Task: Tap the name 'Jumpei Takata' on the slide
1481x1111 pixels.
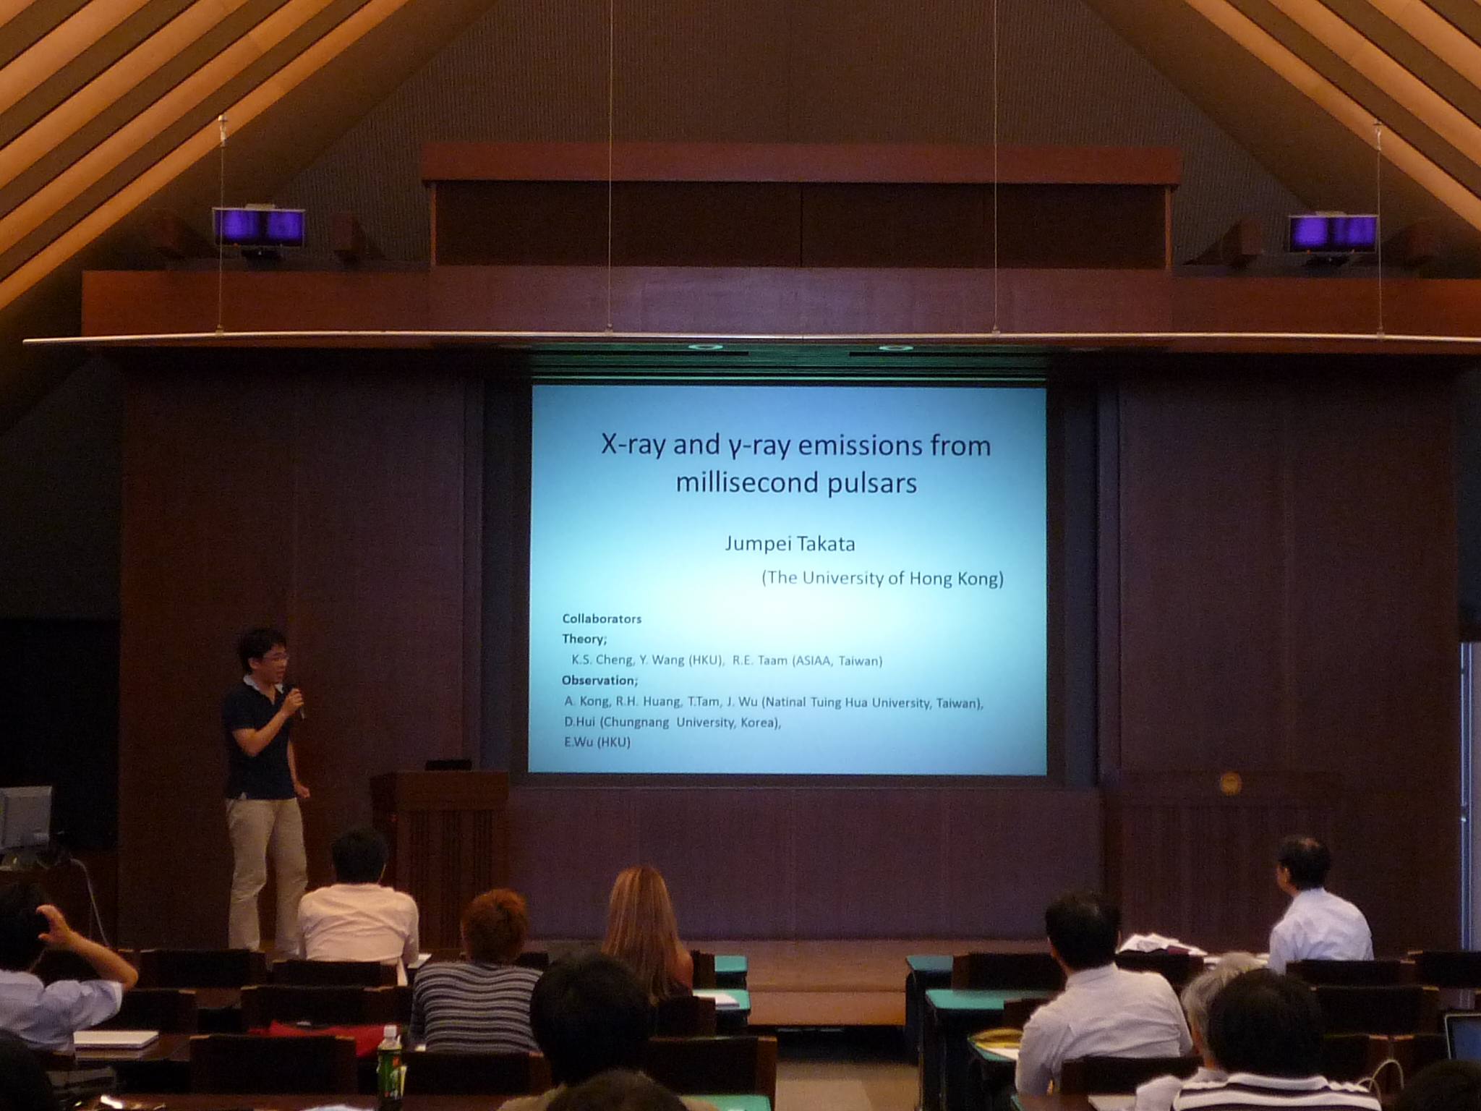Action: (790, 543)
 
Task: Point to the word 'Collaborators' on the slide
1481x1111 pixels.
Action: (602, 619)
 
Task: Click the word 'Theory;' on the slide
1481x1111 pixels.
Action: (584, 639)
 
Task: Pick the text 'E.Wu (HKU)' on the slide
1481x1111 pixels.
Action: (597, 742)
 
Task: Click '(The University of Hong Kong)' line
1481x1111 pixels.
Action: (882, 579)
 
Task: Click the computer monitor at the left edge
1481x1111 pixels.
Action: (25, 817)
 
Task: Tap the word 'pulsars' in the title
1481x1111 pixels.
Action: (876, 483)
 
